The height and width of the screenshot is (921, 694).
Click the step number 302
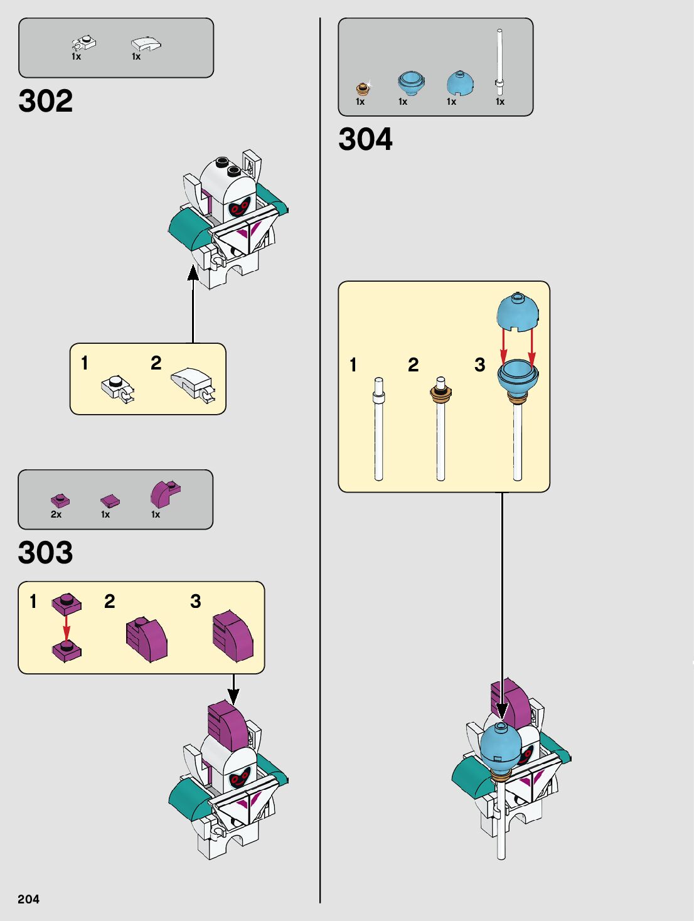[x=46, y=101]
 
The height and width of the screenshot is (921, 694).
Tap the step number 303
[x=46, y=553]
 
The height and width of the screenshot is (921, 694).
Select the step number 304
[x=365, y=139]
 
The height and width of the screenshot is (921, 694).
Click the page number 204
[x=28, y=899]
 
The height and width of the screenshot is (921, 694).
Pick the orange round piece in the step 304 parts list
[x=361, y=88]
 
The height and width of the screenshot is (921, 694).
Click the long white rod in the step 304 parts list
[x=499, y=60]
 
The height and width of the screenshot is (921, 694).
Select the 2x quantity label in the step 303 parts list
[x=56, y=514]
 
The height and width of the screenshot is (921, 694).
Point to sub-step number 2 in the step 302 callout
[x=156, y=363]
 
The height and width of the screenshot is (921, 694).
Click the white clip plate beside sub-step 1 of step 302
[x=117, y=388]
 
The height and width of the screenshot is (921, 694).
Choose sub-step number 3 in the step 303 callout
[x=196, y=601]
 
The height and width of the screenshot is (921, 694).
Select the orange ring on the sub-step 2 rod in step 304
[x=440, y=393]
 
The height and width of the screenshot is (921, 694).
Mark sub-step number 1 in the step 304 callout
[x=353, y=365]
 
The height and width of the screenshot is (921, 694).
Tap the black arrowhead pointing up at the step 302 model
[x=193, y=273]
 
